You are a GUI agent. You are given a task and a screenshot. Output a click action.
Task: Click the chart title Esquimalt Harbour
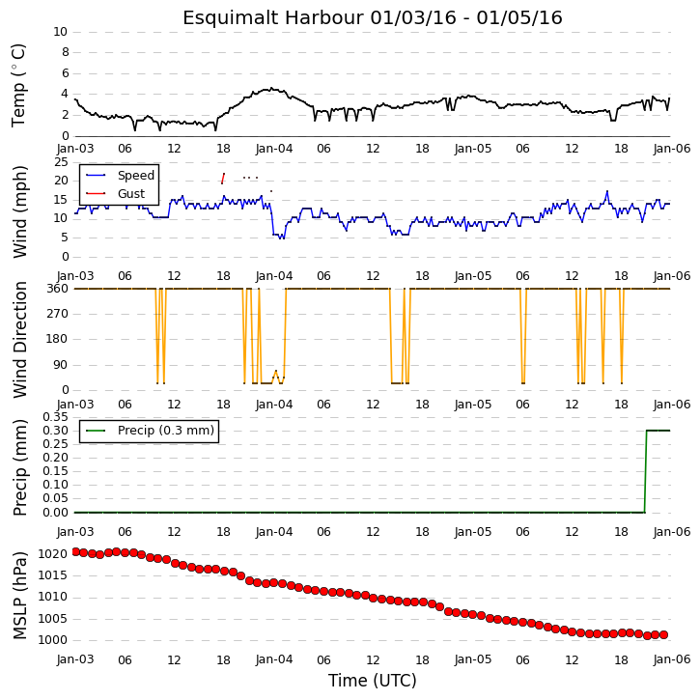click(273, 17)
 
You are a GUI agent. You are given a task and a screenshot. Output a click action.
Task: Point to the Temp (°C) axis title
click(18, 85)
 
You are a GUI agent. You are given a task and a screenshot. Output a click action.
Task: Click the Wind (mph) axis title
click(19, 211)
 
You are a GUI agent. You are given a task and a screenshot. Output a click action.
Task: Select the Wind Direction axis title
click(19, 340)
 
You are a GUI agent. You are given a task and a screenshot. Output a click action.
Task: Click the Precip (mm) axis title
click(19, 468)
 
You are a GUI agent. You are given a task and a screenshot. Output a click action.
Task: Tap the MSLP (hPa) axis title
click(19, 595)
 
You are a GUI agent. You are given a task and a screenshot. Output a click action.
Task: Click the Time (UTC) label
click(373, 681)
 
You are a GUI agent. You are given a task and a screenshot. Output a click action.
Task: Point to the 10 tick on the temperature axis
click(60, 32)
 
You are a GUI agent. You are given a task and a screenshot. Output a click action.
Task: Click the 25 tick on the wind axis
click(61, 162)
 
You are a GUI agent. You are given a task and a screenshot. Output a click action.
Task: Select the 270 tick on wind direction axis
click(58, 314)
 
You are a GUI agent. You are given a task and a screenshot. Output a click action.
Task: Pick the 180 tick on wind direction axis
click(58, 339)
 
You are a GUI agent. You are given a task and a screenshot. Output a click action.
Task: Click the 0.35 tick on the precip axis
click(55, 417)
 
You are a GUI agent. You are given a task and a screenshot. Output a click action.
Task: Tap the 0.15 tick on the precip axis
click(55, 471)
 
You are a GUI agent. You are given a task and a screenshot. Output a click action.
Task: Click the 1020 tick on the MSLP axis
click(53, 554)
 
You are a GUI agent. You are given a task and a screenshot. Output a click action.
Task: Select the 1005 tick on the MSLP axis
click(53, 619)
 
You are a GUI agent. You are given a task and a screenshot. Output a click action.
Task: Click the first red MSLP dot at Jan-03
click(76, 551)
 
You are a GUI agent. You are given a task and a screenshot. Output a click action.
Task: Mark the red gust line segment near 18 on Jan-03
click(223, 179)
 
